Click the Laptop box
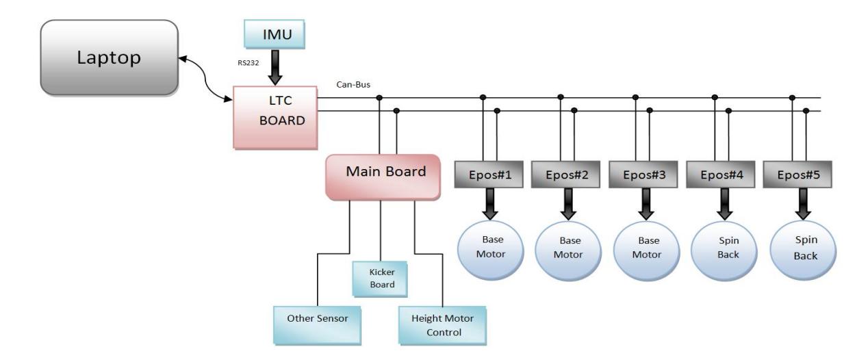(110, 57)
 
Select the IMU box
(275, 34)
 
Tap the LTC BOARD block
(275, 118)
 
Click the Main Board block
(383, 177)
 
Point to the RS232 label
(248, 63)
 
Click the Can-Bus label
(353, 84)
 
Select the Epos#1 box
(489, 175)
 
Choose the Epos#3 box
(643, 175)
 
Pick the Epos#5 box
(797, 175)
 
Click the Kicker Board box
(380, 279)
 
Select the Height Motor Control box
(442, 326)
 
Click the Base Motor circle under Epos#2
(568, 250)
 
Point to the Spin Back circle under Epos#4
(724, 250)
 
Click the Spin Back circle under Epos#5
(803, 250)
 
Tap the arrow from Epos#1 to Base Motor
(490, 204)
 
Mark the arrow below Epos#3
(646, 204)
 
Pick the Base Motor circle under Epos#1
(491, 250)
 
